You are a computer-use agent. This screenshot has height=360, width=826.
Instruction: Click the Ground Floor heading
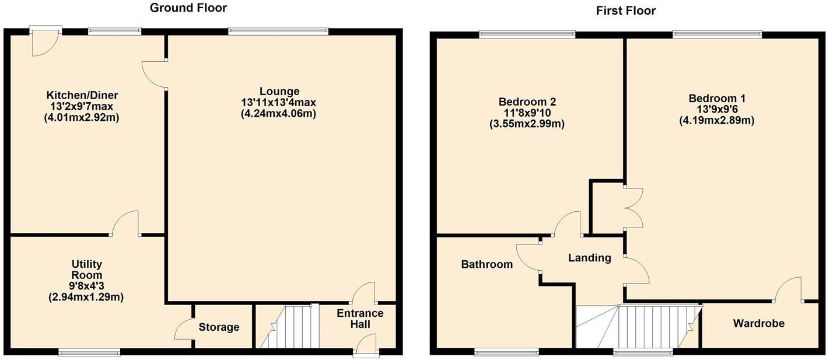click(x=188, y=8)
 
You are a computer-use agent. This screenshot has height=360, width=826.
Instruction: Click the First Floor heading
click(x=625, y=11)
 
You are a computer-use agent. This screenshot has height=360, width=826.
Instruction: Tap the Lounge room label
click(x=279, y=92)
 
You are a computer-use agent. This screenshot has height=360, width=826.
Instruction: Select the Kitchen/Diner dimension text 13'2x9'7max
click(x=86, y=106)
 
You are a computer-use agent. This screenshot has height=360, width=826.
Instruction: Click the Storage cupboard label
click(x=218, y=327)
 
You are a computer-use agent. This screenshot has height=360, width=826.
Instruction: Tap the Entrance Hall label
click(x=360, y=319)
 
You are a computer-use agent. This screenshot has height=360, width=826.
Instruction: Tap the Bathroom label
click(x=487, y=265)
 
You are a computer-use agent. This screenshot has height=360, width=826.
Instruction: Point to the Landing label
click(x=590, y=258)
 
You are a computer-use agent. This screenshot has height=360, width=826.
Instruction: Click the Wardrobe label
click(x=758, y=323)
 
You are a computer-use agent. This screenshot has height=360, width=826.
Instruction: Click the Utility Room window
click(x=89, y=352)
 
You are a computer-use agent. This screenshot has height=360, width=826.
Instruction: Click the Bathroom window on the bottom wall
click(x=506, y=352)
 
